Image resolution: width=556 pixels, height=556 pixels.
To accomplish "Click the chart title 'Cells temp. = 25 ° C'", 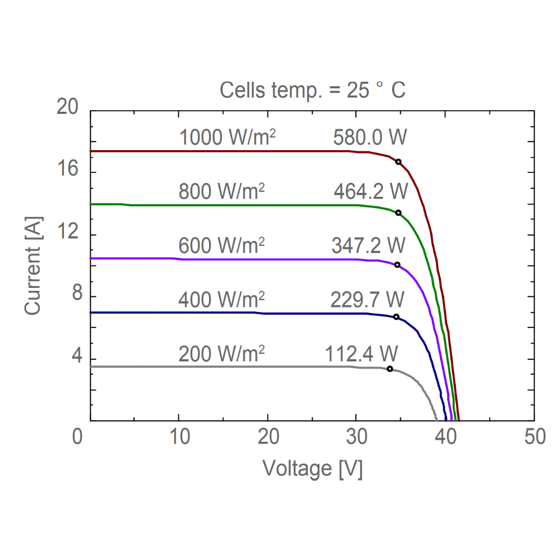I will [x=312, y=90].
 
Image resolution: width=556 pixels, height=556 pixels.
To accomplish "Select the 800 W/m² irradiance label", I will [x=221, y=192].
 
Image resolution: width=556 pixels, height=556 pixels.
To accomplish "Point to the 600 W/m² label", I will [x=221, y=245].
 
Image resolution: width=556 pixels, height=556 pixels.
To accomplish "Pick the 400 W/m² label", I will [x=221, y=300].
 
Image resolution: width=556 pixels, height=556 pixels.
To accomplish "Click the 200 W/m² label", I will [x=221, y=353].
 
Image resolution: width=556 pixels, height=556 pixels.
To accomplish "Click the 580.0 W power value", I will [x=370, y=138].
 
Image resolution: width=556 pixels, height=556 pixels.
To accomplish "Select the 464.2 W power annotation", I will [x=370, y=192].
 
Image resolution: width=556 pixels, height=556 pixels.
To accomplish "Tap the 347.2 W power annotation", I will [x=369, y=245].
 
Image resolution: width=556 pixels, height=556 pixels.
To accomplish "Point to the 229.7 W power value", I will [x=368, y=300].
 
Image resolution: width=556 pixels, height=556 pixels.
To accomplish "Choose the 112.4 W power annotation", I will [x=362, y=353].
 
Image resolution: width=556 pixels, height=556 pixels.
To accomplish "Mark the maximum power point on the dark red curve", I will [x=398, y=162].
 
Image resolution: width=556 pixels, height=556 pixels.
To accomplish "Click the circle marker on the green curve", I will [x=398, y=213].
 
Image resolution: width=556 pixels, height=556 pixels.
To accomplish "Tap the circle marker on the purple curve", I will [x=397, y=265].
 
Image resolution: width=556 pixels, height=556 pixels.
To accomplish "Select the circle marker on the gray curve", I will [x=390, y=369].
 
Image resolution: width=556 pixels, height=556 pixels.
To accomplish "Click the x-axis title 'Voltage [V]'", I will [x=312, y=469].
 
